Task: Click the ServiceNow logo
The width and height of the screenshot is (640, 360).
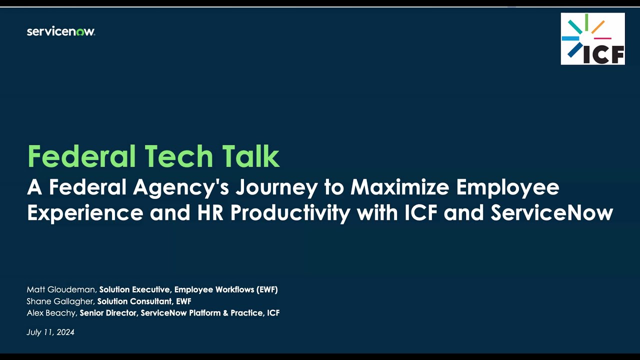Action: (x=60, y=31)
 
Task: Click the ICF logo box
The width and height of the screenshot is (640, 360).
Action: (x=592, y=39)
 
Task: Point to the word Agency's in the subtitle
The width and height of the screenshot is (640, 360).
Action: (x=180, y=187)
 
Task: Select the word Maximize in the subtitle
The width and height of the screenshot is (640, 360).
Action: (x=399, y=187)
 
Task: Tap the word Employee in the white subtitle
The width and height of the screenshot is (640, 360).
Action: (x=507, y=187)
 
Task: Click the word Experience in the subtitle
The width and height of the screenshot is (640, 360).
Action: (x=84, y=213)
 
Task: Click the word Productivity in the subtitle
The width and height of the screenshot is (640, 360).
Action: (x=290, y=213)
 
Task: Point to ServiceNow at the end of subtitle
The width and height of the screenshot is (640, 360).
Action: (x=551, y=213)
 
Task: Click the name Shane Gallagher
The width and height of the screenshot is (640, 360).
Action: (x=60, y=301)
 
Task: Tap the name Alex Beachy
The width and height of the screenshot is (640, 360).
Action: (x=51, y=313)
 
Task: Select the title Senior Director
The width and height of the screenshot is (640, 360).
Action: (x=108, y=313)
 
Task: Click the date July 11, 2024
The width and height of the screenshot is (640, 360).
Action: (x=50, y=332)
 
